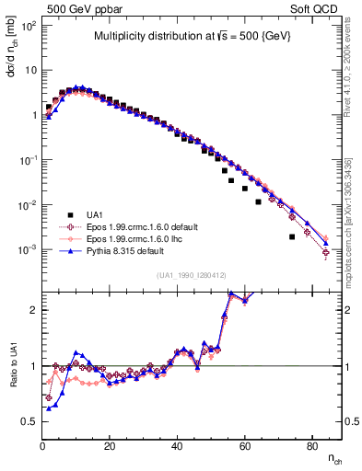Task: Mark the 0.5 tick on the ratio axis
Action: [29, 421]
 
